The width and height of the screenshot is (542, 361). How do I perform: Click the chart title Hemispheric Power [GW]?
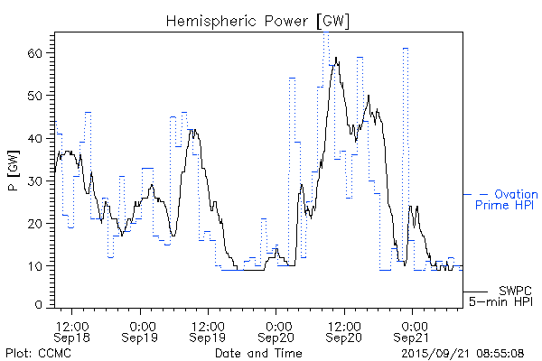(258, 20)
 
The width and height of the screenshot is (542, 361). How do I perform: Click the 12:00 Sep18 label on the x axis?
(71, 331)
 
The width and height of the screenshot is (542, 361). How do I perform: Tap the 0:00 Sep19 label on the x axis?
(140, 331)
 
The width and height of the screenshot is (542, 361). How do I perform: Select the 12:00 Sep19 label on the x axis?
(208, 331)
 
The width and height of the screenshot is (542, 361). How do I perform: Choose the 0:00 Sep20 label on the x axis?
(276, 331)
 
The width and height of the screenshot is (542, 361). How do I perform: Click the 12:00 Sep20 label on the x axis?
(344, 331)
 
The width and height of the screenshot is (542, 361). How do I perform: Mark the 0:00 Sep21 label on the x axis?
(413, 331)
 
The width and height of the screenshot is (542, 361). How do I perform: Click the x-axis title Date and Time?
(257, 353)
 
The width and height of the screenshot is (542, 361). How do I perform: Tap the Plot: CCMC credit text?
(38, 353)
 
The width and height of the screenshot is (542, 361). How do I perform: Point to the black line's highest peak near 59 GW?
(337, 58)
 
